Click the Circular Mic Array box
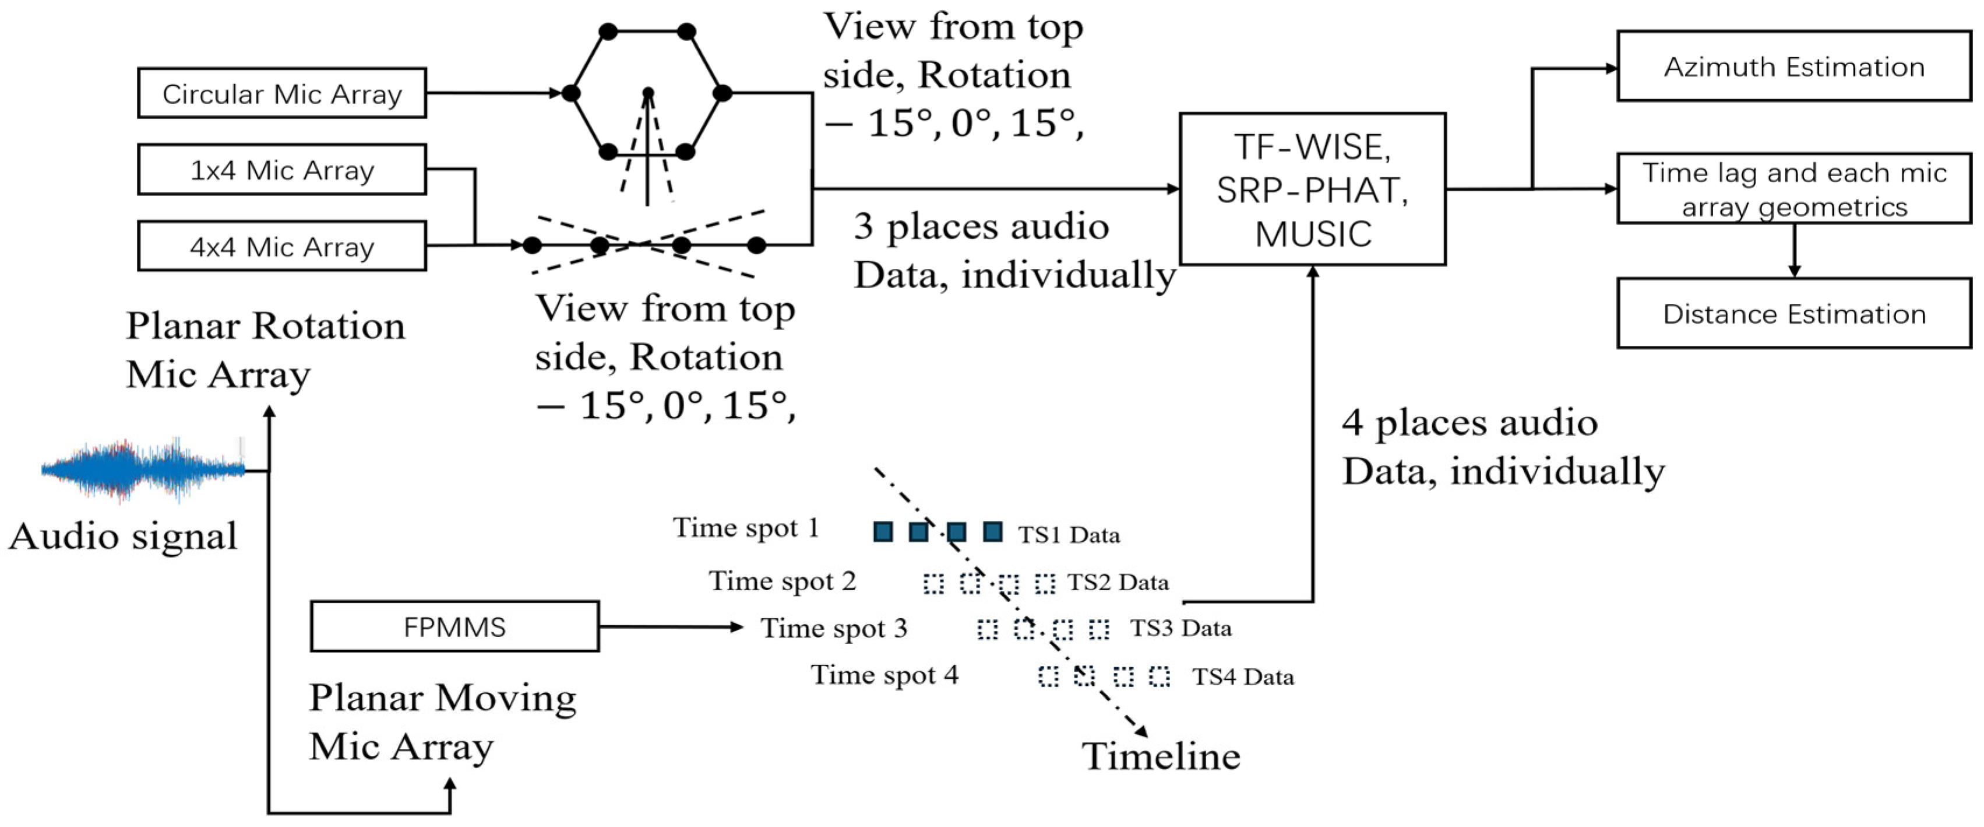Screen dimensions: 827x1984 coord(282,93)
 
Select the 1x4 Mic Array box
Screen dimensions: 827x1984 coord(282,170)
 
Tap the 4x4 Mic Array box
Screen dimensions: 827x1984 coord(282,247)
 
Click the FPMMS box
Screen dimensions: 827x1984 coord(454,626)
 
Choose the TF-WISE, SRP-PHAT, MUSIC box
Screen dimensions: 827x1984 coord(1312,190)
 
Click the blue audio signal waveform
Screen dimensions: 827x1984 coord(143,468)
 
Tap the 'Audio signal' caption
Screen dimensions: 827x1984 coord(123,535)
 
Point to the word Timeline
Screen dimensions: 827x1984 coord(1161,756)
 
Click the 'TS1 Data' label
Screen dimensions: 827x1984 coord(1068,535)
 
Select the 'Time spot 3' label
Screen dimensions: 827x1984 coord(834,628)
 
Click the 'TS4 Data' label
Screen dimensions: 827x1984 coord(1242,677)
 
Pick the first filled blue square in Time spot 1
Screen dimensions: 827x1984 coord(883,531)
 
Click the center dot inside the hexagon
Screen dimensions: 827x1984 coord(648,93)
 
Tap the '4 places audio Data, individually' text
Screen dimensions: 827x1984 coord(1502,447)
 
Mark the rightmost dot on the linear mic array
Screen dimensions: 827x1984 coord(756,245)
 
